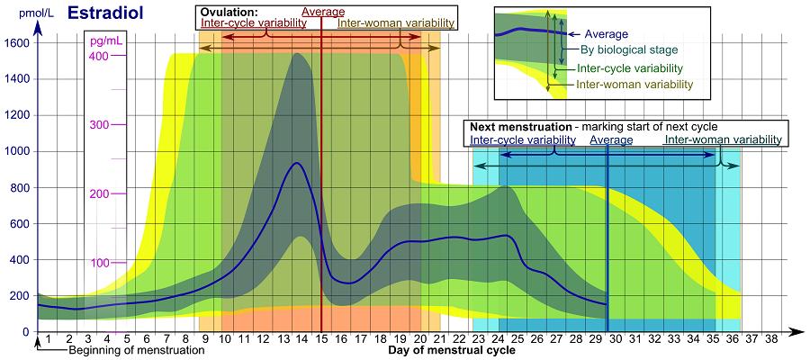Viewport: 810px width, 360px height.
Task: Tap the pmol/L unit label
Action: coord(17,13)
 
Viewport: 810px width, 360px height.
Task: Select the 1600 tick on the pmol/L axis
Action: coord(17,42)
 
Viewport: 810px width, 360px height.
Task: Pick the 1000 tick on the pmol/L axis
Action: coord(17,151)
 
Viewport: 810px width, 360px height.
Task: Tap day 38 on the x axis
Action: coord(771,339)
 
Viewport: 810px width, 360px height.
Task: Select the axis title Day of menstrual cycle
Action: coord(452,351)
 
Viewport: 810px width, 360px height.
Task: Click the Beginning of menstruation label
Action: coord(137,351)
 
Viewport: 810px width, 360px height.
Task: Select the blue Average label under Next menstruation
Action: coord(611,139)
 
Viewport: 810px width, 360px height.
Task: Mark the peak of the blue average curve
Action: coord(295,163)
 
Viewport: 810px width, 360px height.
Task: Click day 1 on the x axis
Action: coord(48,339)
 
